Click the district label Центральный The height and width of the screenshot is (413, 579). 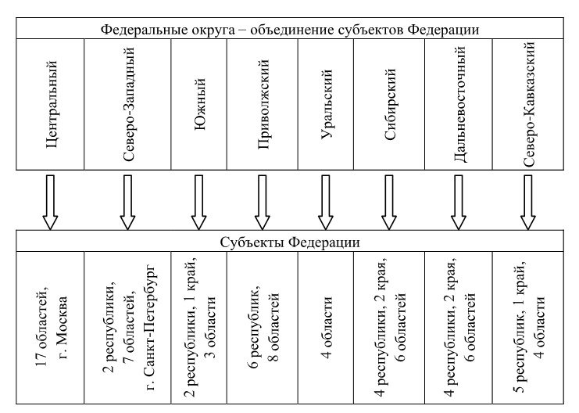point(52,105)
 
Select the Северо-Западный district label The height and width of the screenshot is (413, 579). point(128,105)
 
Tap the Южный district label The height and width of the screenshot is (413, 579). point(199,104)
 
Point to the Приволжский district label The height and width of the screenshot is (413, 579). point(263,105)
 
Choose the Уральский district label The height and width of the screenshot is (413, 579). point(327,104)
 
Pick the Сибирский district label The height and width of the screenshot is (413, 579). point(390,104)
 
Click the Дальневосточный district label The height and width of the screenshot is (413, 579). point(459,104)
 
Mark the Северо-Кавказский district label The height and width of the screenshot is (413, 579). point(529,104)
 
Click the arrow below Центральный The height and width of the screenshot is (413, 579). point(50,203)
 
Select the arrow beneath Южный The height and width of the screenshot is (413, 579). point(198,203)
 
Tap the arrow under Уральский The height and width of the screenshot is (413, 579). point(325,203)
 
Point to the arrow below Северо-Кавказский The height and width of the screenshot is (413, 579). point(528,203)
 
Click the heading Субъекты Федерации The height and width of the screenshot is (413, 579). point(290,242)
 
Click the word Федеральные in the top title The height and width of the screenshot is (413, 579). point(139,30)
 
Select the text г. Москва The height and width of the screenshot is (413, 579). point(62,328)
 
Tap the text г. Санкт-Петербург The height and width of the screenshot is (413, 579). point(152,328)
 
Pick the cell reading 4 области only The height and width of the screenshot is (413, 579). point(327,328)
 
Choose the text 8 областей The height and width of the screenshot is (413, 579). point(273,327)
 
